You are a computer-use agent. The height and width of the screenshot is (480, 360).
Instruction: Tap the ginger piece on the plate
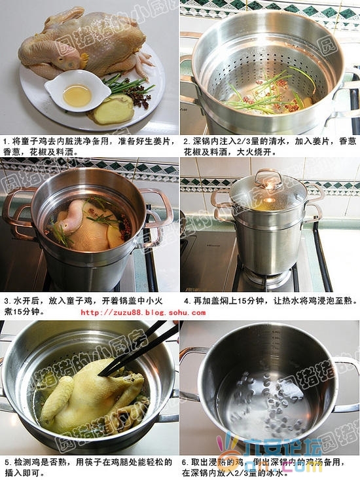[x=115, y=109]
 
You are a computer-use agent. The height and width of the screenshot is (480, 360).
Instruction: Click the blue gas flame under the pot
[x=268, y=278]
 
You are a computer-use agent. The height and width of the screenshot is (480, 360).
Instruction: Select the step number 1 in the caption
[x=5, y=141]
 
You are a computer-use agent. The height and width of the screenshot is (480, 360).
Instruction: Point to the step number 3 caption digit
[x=5, y=301]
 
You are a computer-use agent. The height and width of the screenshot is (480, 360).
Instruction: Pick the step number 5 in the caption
[x=5, y=461]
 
